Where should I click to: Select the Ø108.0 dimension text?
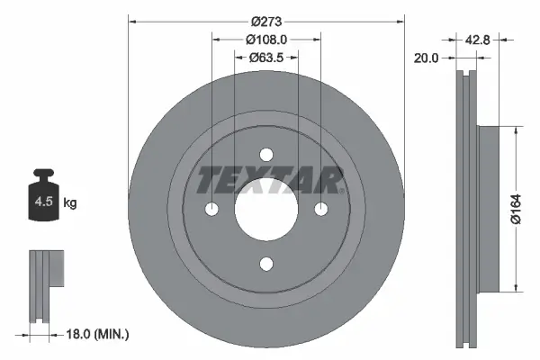[266, 40]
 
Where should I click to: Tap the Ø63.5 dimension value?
[266, 58]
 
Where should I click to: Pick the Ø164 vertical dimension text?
[528, 209]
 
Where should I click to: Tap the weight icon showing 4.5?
[42, 196]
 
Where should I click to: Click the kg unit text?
[69, 203]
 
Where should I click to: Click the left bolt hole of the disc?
[211, 209]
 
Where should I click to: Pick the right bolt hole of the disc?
[321, 209]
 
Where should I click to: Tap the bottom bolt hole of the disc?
[266, 264]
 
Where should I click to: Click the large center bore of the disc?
[266, 209]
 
